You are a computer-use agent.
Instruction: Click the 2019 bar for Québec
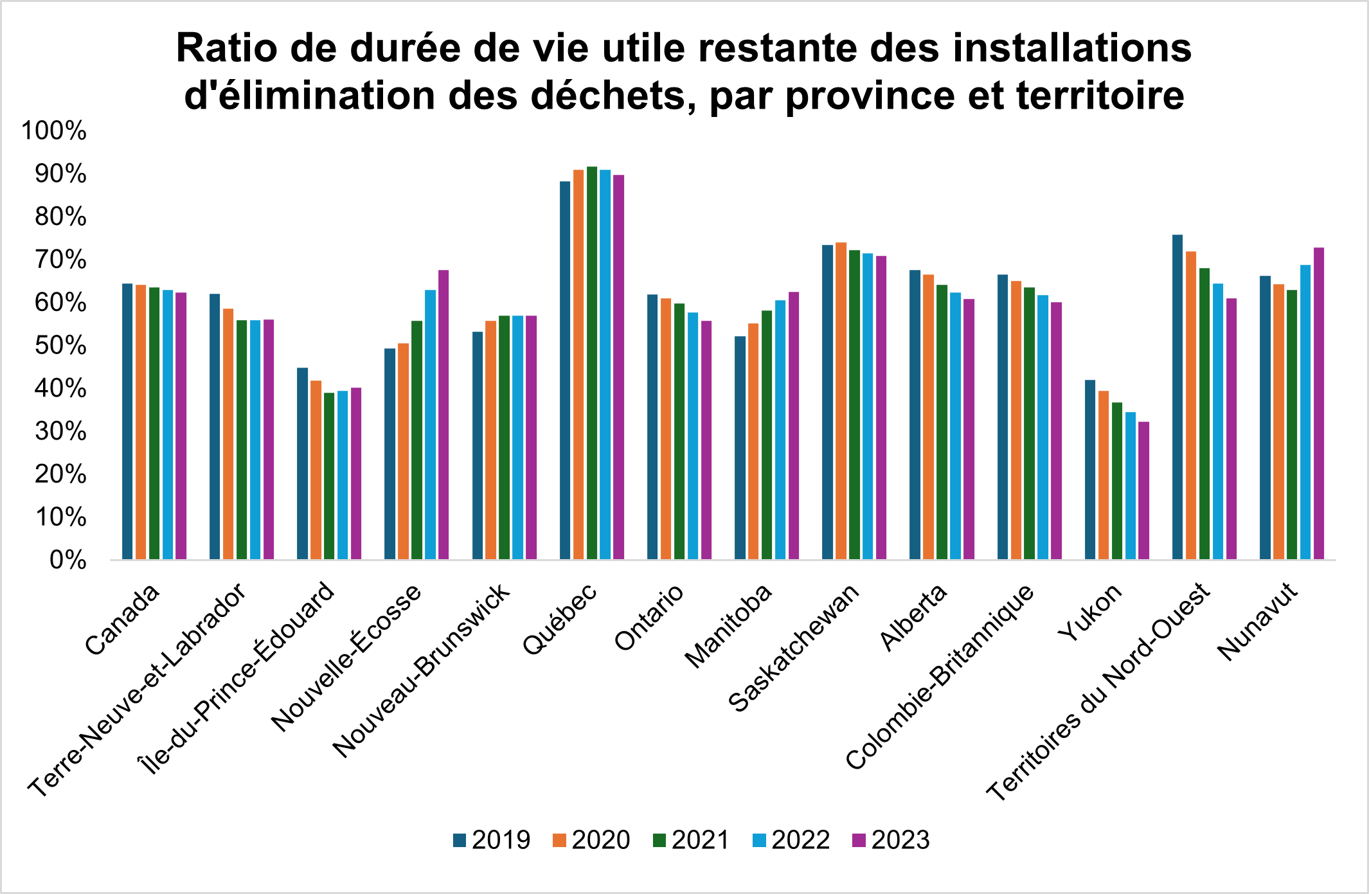point(565,370)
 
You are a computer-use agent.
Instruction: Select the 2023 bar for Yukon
point(1144,490)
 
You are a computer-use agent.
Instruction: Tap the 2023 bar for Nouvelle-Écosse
point(443,415)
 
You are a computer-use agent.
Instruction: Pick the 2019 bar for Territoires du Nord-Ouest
point(1177,397)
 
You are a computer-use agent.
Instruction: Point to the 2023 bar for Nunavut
point(1319,404)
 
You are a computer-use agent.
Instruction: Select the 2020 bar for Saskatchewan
point(841,401)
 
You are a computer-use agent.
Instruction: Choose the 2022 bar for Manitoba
point(780,429)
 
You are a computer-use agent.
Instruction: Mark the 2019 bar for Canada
point(127,422)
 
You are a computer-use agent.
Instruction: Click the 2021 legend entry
point(691,840)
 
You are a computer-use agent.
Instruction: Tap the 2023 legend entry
point(891,840)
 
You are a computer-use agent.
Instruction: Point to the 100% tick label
point(54,131)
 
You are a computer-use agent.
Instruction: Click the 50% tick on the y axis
point(60,346)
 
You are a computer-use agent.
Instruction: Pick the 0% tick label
point(67,560)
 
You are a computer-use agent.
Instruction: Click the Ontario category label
point(649,618)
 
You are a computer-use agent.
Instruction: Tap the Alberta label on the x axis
point(913,618)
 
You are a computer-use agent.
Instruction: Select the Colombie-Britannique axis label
point(940,676)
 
